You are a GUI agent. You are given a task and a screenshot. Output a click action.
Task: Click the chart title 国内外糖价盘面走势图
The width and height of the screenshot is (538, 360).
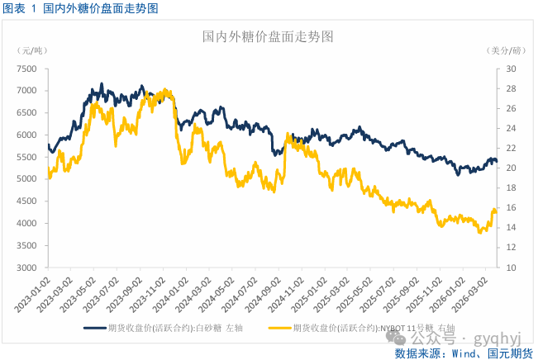tap(269, 37)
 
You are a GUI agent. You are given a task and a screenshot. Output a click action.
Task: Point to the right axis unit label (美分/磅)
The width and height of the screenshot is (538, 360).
tap(507, 51)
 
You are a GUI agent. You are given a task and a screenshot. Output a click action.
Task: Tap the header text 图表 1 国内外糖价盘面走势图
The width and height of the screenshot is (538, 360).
tap(81, 8)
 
